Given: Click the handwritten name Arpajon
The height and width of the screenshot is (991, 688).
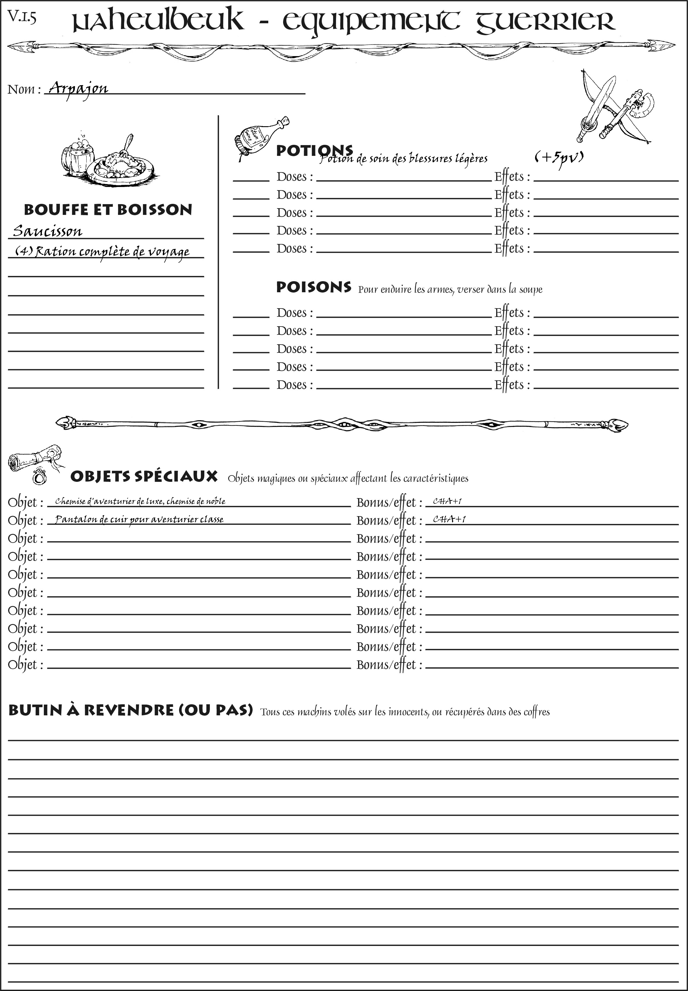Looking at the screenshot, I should (x=78, y=88).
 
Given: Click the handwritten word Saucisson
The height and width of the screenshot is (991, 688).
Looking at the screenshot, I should (x=47, y=231).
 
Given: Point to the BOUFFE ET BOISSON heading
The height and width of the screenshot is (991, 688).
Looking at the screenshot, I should (x=108, y=210).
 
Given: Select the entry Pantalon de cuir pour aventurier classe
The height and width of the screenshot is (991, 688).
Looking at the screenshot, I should (x=139, y=519).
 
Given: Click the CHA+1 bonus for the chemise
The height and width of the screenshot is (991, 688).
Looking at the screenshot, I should (x=447, y=501).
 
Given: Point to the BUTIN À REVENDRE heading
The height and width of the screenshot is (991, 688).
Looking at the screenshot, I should (x=130, y=710).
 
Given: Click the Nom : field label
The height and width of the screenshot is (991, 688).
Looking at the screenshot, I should (x=24, y=90).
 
